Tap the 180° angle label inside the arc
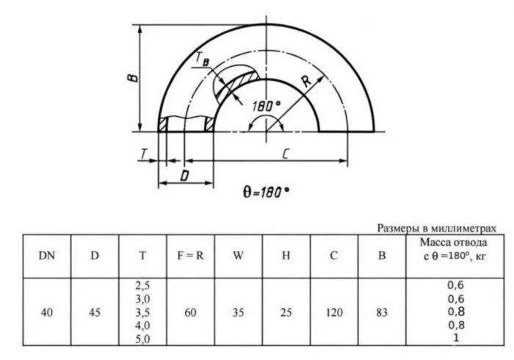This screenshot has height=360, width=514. pos(265,105)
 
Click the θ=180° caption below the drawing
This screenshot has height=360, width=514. pos(265,191)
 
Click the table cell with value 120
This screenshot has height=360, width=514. pos(334,312)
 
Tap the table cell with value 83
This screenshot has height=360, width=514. pos(381,312)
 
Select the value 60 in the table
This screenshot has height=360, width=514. pos(190,312)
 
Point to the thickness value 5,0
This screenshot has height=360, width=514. pos(142,339)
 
